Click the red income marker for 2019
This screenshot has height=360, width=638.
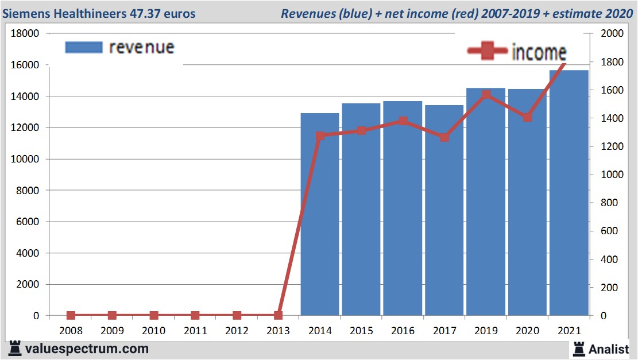point(486,95)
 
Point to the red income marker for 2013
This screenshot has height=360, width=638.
point(278,315)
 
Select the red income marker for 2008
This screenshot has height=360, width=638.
point(71,315)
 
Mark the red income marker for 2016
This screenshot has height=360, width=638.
point(403,121)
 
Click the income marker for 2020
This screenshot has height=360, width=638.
point(527,117)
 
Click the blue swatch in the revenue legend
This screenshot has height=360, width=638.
point(83,47)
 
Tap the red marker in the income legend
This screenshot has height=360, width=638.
point(487,52)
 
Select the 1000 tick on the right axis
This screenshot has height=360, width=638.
point(610,175)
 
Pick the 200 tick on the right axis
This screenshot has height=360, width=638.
point(608,288)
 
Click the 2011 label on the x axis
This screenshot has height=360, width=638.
point(195,331)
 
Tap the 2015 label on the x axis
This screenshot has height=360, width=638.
point(361,331)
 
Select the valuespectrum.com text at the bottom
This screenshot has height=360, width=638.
point(86,349)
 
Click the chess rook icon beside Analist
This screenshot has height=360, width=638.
point(579,348)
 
